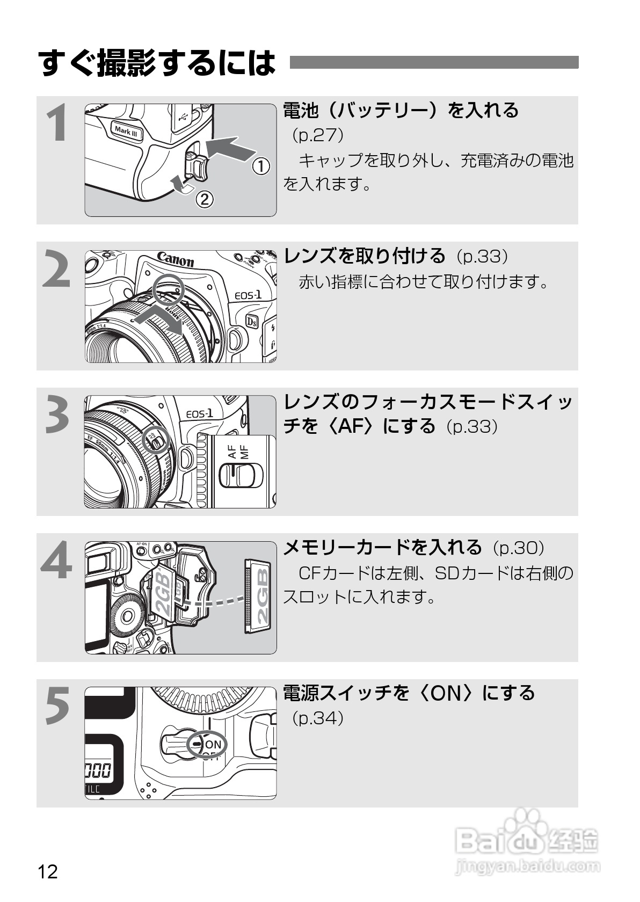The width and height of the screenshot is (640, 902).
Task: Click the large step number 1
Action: point(56,124)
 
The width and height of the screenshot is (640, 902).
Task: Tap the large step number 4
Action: point(56,561)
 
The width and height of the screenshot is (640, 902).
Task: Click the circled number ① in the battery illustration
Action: point(261,166)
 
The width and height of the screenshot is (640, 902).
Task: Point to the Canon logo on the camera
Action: point(175,260)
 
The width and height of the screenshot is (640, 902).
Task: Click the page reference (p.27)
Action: point(317,135)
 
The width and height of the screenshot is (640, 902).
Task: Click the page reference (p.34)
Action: point(317,718)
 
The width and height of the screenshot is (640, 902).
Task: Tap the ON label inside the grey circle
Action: point(213,744)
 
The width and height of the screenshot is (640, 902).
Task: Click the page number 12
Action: point(48,871)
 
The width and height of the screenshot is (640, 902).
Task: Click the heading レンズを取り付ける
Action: point(365,256)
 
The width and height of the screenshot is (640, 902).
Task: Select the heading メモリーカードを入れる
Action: point(382,547)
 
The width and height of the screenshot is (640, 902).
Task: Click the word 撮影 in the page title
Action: point(127,63)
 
